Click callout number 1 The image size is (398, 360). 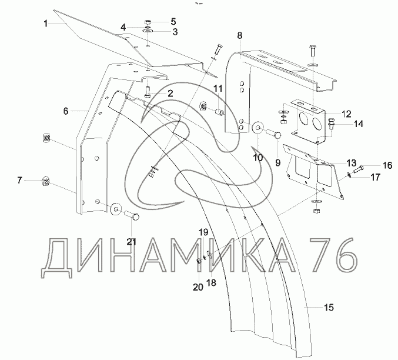[x=45, y=24]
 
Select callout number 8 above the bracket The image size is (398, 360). [x=239, y=36]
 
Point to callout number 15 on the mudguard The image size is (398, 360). [x=329, y=307]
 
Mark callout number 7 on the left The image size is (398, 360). [x=20, y=179]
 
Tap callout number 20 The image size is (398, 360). [x=198, y=287]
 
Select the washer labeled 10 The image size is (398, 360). [x=257, y=129]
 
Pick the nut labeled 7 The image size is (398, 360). [x=45, y=180]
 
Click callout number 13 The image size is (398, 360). [x=350, y=163]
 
